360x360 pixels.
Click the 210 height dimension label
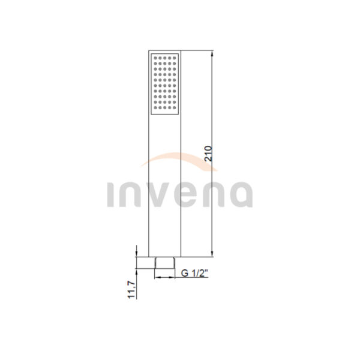click(208, 153)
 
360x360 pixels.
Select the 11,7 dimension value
click(131, 290)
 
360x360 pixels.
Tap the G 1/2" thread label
click(194, 273)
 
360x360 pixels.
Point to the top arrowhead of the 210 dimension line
click(212, 54)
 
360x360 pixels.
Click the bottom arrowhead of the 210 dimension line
click(212, 253)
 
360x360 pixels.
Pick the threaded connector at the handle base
click(164, 263)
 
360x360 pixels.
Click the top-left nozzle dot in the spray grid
click(155, 58)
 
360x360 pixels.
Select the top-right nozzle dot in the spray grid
click(174, 58)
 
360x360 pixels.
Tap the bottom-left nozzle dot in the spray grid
click(155, 107)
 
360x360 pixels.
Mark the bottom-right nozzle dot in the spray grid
click(174, 107)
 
